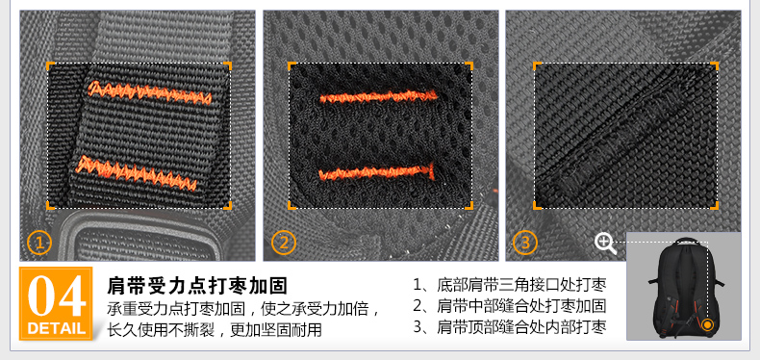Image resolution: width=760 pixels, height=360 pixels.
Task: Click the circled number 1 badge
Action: (x=39, y=243)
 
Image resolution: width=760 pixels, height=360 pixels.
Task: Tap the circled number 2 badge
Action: (x=284, y=243)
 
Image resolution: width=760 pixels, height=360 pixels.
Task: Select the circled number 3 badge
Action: (x=525, y=243)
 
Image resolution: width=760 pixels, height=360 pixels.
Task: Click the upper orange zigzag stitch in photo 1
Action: (x=150, y=92)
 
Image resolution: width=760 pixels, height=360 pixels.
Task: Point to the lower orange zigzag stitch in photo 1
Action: (x=137, y=173)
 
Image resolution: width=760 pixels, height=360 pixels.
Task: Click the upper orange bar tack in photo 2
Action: (x=378, y=96)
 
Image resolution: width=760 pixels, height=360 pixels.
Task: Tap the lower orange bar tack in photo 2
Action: (x=376, y=171)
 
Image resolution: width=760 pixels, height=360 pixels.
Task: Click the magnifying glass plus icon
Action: (x=605, y=244)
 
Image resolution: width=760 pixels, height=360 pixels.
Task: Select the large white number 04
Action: (x=56, y=296)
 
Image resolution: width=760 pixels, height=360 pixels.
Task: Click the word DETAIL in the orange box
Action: (x=56, y=328)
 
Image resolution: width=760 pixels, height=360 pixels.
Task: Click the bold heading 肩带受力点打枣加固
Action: (x=197, y=285)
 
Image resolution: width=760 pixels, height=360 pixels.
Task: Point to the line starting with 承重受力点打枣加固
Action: (x=243, y=308)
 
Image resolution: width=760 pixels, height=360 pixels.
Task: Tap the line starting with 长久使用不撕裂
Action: (x=215, y=329)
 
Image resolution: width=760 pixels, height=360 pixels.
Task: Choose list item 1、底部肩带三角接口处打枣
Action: (x=510, y=285)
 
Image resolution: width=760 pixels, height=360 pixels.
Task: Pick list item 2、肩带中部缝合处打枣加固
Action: (x=510, y=306)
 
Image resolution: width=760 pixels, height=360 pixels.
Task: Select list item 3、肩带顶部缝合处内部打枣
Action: (x=510, y=327)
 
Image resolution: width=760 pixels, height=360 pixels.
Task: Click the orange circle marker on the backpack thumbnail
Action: (x=708, y=324)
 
